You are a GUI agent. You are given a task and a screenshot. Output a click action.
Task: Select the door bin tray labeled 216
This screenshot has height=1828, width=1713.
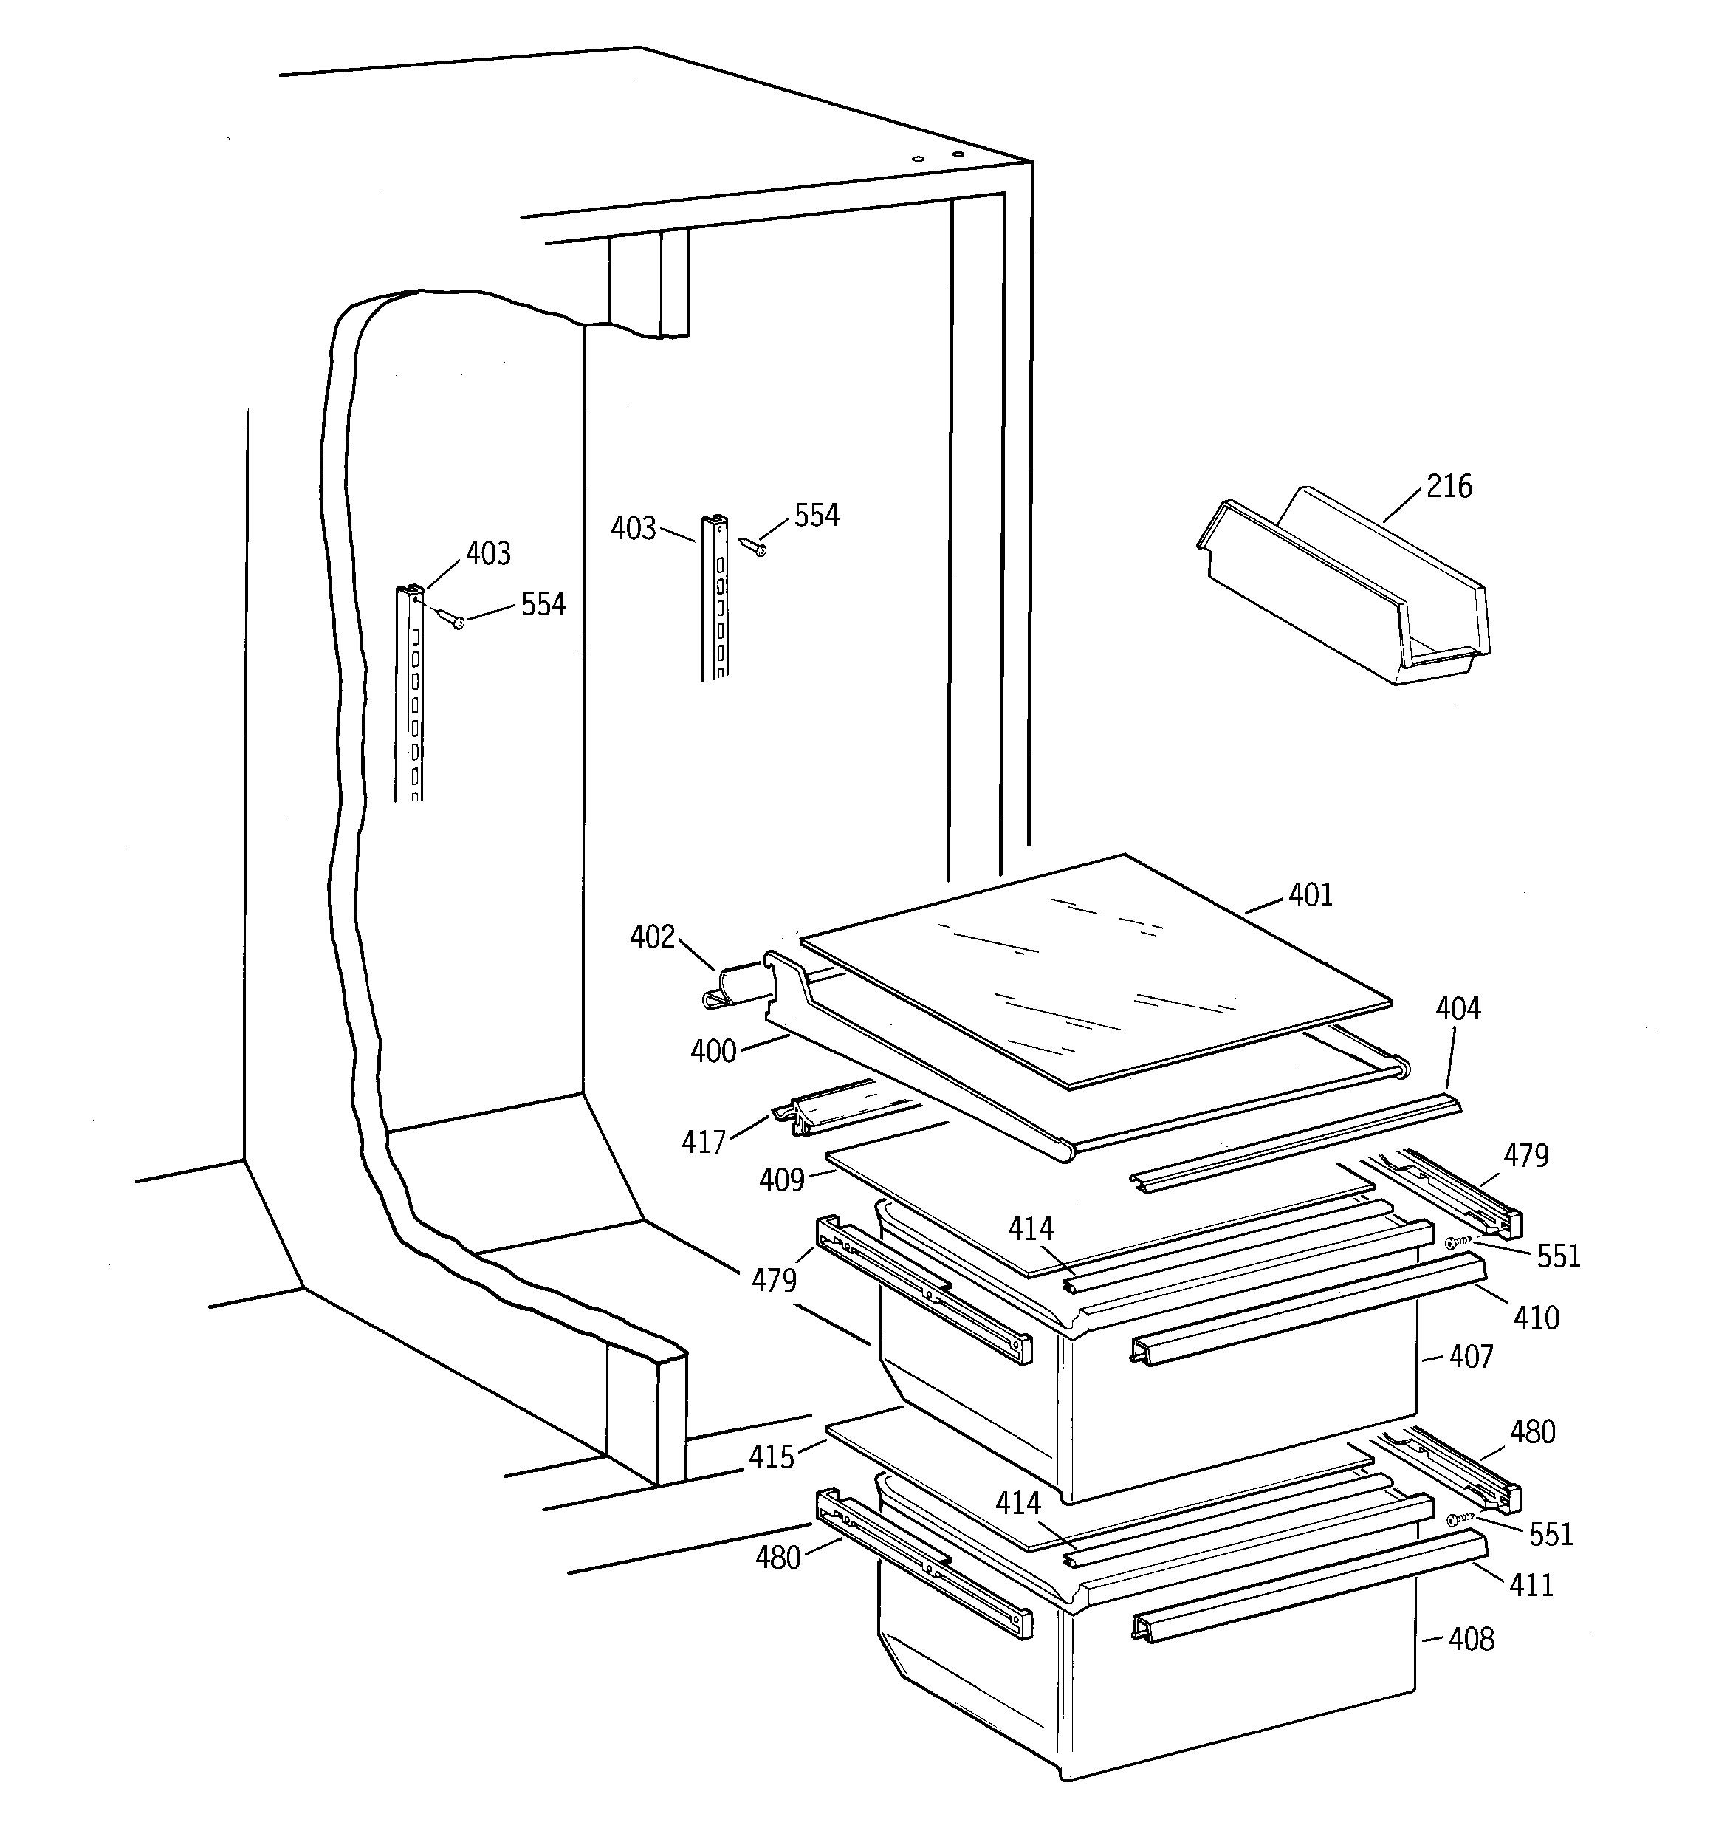[1342, 589]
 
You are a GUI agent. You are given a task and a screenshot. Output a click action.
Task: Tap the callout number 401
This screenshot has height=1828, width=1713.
[1311, 894]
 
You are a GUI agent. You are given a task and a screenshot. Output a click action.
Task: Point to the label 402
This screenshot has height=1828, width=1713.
[652, 937]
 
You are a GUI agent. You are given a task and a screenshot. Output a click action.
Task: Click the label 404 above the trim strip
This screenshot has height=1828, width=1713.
[1458, 1009]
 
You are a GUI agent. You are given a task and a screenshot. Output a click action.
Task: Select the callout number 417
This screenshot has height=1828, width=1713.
[704, 1142]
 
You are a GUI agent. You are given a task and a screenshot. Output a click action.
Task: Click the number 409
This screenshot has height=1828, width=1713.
[782, 1180]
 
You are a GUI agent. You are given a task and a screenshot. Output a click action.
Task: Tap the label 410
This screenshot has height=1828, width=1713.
[1536, 1318]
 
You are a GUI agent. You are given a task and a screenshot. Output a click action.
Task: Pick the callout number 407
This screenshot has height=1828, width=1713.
[1471, 1356]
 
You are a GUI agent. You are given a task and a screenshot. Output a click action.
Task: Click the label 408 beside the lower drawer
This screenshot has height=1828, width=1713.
[1471, 1639]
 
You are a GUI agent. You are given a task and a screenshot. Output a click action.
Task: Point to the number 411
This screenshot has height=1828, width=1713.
[1531, 1584]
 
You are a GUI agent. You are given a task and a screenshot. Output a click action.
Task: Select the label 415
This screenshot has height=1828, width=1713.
[771, 1456]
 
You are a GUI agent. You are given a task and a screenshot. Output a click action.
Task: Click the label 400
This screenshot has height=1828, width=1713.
[713, 1051]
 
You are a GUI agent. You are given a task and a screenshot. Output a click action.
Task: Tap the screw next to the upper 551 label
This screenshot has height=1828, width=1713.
[1458, 1242]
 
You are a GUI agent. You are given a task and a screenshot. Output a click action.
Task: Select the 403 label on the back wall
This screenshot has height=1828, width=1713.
[634, 529]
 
